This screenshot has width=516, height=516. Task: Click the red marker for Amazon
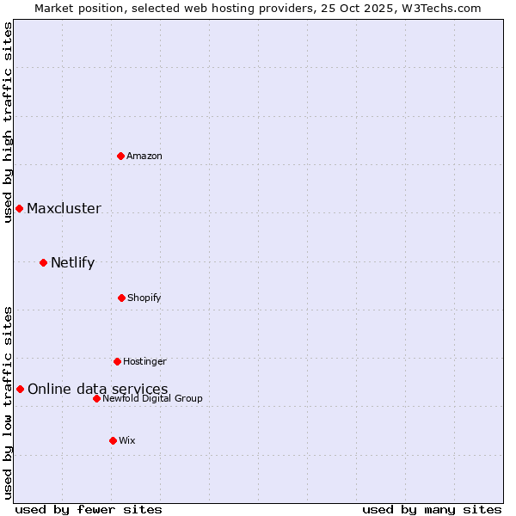coord(121,156)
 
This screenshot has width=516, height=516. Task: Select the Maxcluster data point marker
coord(19,209)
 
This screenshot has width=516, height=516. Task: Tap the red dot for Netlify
coord(43,262)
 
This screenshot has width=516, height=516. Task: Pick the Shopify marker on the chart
coord(121,298)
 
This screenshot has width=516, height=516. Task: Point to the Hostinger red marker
coord(117,361)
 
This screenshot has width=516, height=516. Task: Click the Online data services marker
coord(20,390)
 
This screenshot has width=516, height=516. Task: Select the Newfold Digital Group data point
coord(96,398)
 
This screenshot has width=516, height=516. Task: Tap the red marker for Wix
coord(113,440)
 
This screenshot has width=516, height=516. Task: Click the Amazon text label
coord(144,156)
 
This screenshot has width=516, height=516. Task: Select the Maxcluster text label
coord(64,209)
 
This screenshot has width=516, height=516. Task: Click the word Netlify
coord(72,263)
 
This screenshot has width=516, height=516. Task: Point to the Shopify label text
coord(144,298)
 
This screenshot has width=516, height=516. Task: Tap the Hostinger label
coord(144,361)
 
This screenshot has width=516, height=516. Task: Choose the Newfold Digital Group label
coord(152,398)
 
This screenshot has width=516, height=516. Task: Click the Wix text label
coord(127,440)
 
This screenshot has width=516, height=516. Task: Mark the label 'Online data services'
coord(98,390)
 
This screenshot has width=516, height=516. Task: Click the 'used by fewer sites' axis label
coord(89,509)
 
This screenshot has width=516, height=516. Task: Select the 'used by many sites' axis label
coord(432,509)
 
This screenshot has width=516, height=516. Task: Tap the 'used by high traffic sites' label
coord(8,122)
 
